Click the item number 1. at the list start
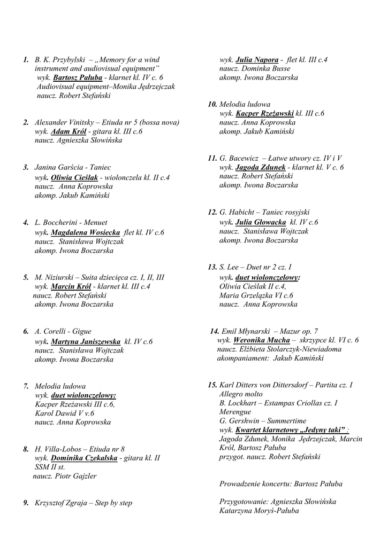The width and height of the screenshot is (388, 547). click(x=26, y=60)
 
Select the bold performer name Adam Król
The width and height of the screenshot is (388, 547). click(x=65, y=131)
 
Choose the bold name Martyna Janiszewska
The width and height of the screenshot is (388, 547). click(x=86, y=341)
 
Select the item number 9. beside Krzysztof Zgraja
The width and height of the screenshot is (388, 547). click(x=26, y=503)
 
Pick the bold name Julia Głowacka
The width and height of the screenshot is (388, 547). click(x=260, y=222)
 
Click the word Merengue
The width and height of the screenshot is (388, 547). click(x=235, y=412)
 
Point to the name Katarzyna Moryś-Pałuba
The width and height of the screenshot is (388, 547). click(x=259, y=511)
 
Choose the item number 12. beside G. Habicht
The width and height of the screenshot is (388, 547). click(x=212, y=212)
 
